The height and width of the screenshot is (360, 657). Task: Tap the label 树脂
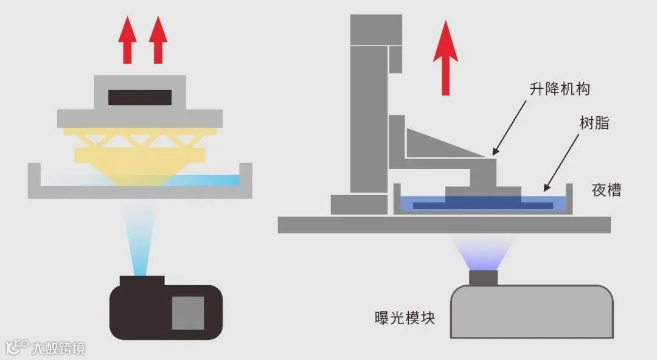coord(594,124)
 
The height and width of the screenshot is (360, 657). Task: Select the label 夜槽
coord(607,190)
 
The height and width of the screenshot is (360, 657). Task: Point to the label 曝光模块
coord(405,317)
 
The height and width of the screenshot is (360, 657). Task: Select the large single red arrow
coord(445,58)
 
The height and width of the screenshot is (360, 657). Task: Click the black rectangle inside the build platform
coord(140,97)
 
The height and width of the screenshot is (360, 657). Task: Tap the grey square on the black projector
coord(187,313)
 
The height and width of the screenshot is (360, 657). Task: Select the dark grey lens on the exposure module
coord(484,277)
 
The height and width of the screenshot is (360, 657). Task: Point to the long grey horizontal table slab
coord(444,224)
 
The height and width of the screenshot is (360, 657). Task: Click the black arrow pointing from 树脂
coord(561,162)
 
